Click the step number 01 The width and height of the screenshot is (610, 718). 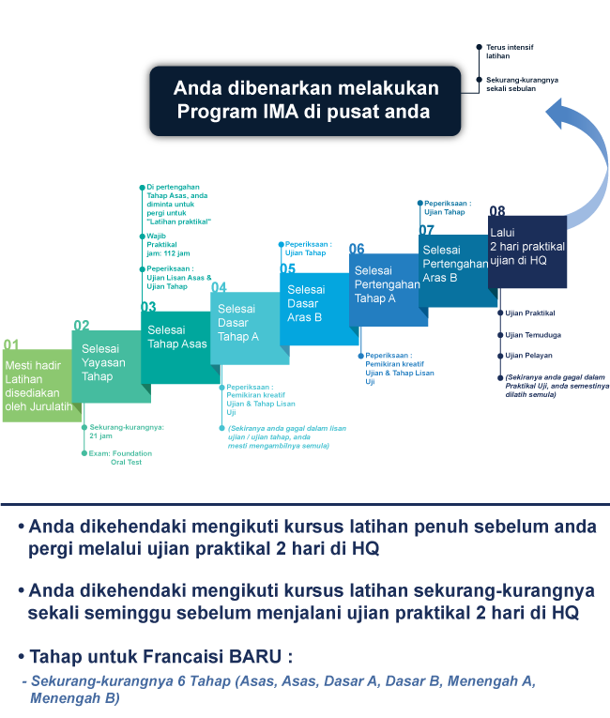11,344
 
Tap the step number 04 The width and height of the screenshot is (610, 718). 219,286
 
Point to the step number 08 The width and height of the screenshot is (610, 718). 496,210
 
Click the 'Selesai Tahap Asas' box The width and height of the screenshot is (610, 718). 180,347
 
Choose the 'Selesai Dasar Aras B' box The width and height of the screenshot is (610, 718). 319,309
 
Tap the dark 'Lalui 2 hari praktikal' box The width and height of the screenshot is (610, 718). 527,252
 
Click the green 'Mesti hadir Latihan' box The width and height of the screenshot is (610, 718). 42,386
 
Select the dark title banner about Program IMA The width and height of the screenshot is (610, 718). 305,100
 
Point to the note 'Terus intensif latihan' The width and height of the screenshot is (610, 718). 510,52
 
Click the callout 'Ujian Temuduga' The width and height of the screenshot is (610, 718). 533,335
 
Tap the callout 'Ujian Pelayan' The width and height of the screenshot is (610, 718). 528,356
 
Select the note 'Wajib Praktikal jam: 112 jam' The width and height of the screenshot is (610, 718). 168,245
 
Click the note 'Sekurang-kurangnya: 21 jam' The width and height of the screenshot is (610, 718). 127,432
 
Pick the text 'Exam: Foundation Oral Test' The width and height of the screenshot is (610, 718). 120,457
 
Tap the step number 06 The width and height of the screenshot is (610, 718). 357,249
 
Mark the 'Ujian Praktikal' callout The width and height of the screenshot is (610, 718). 530,313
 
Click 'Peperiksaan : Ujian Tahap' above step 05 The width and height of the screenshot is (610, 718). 308,248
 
